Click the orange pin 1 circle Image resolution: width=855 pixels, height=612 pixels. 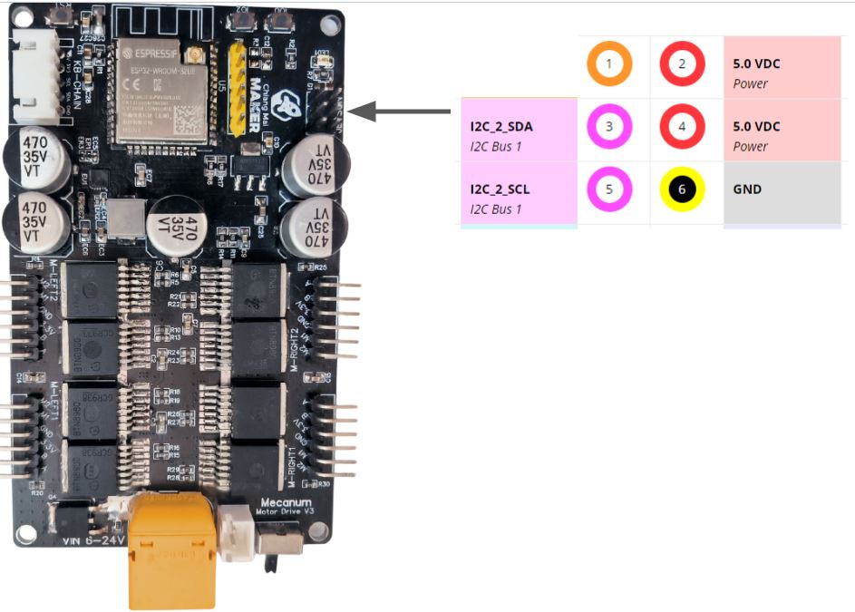(609, 65)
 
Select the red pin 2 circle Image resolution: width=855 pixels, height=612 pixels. (682, 65)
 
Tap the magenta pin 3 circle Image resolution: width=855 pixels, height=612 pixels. (609, 127)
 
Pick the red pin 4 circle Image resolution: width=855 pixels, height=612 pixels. (682, 127)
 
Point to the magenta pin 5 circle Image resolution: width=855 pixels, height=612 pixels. (609, 189)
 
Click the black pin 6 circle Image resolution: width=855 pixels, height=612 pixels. (682, 189)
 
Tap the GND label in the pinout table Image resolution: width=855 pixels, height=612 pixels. (747, 189)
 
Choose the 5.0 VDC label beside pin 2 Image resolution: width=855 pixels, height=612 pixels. (756, 65)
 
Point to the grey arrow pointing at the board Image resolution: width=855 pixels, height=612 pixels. (400, 112)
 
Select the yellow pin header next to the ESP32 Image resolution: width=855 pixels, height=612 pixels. (239, 87)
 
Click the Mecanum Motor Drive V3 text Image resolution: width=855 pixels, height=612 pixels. (286, 506)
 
